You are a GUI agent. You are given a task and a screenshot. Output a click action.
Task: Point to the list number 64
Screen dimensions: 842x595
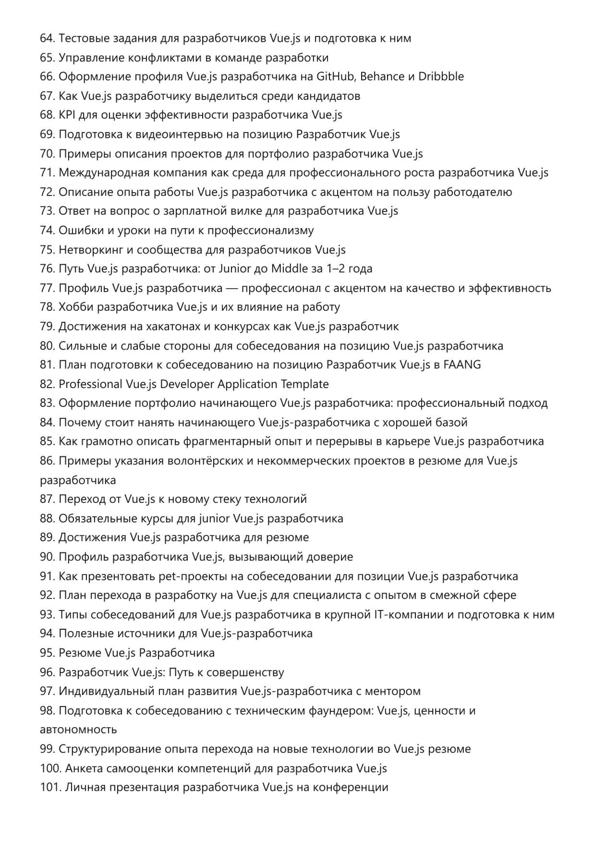[x=47, y=38]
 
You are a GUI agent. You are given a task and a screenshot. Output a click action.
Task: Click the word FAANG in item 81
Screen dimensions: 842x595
[x=462, y=365]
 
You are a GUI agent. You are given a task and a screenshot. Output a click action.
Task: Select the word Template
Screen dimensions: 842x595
[x=305, y=384]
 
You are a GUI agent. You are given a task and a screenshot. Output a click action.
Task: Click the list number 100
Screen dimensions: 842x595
[x=50, y=768]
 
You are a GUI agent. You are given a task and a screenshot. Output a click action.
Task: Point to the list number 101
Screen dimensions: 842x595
[x=49, y=787]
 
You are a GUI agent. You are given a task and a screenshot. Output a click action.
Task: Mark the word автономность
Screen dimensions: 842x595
[x=78, y=730]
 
